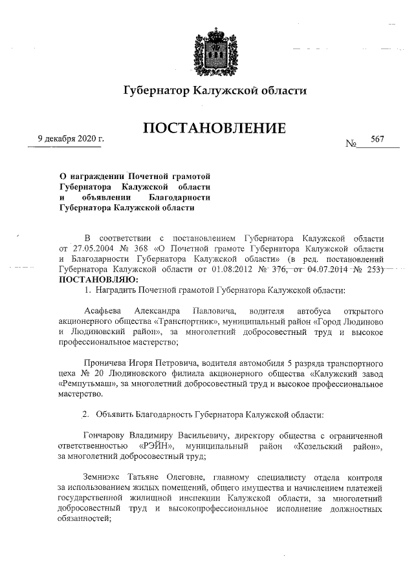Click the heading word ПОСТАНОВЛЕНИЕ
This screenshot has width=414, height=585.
point(214,129)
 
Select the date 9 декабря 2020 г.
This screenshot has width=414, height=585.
point(71,140)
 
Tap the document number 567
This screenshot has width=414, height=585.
point(378,140)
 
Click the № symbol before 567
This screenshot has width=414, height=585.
point(352,144)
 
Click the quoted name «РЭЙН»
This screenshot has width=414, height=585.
point(155,446)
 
